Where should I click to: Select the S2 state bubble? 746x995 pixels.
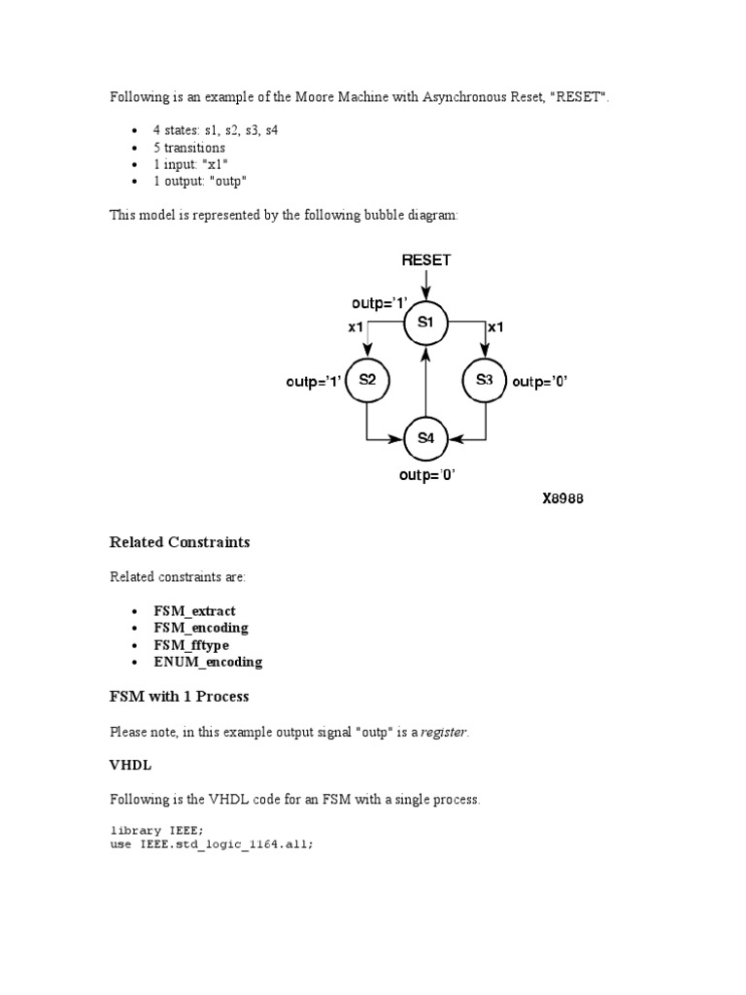(366, 381)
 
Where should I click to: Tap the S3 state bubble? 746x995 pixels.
(484, 381)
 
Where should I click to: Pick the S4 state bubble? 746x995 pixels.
(425, 438)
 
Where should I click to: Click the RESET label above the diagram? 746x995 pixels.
(425, 260)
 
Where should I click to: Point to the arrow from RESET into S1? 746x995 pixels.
(425, 287)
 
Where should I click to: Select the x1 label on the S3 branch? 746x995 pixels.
(495, 327)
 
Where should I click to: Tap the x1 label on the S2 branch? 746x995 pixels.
(356, 327)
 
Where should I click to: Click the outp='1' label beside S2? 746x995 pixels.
(313, 382)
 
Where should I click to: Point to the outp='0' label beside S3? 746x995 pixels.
(539, 382)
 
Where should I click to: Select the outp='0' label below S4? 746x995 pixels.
(426, 476)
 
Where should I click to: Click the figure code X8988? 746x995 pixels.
(562, 499)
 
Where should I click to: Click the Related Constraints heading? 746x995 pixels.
(180, 542)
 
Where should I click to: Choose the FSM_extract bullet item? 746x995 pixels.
(194, 611)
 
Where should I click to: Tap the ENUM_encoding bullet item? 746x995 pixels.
(208, 662)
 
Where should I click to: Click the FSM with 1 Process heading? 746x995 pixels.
(179, 697)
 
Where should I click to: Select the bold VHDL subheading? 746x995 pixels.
(130, 766)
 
